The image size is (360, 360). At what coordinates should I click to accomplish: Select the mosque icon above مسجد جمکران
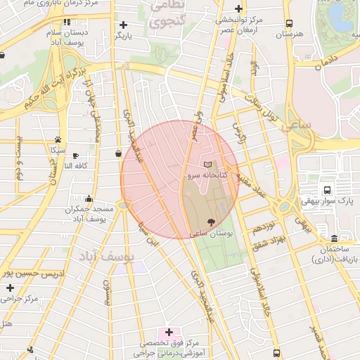point(89,199)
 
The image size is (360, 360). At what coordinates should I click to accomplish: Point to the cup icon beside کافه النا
point(75,155)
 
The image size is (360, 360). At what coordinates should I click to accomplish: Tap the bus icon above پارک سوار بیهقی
point(326,190)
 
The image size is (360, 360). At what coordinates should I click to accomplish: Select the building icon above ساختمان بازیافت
point(333,239)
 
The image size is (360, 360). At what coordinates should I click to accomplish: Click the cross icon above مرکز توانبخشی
point(239,9)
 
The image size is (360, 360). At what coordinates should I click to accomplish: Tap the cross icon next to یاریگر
point(124,25)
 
